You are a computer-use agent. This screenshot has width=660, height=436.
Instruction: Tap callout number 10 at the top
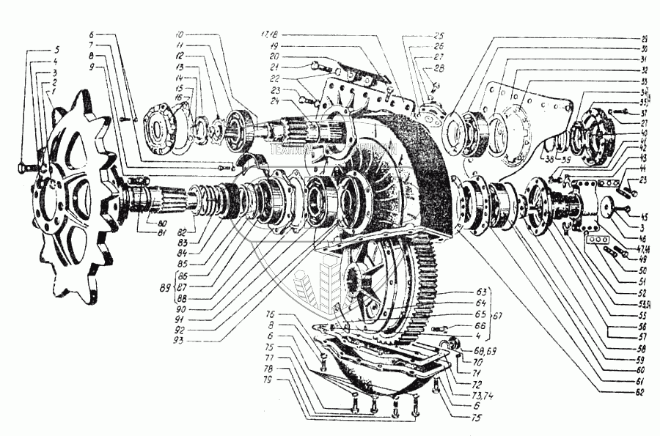(x=179, y=34)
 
